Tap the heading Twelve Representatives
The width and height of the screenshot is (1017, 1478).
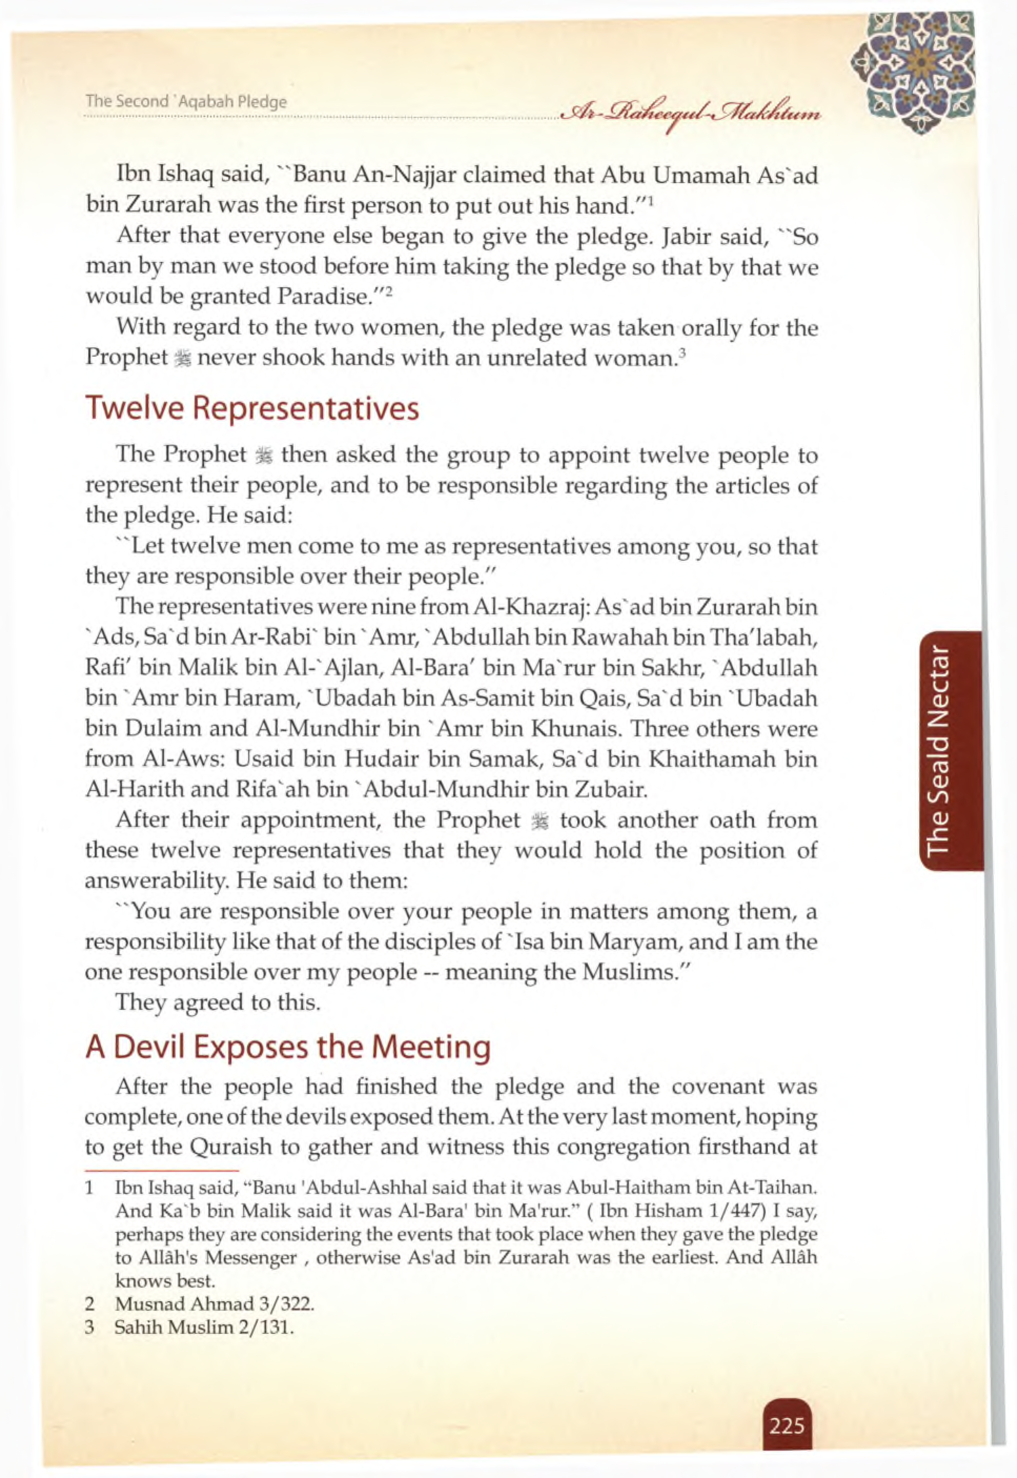tap(253, 408)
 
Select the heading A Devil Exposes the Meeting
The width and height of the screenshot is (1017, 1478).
tap(288, 1047)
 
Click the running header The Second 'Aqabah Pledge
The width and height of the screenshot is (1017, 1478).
tap(186, 102)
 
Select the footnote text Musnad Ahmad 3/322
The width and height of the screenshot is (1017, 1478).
tap(215, 1304)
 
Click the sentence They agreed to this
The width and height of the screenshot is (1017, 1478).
tap(217, 1002)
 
